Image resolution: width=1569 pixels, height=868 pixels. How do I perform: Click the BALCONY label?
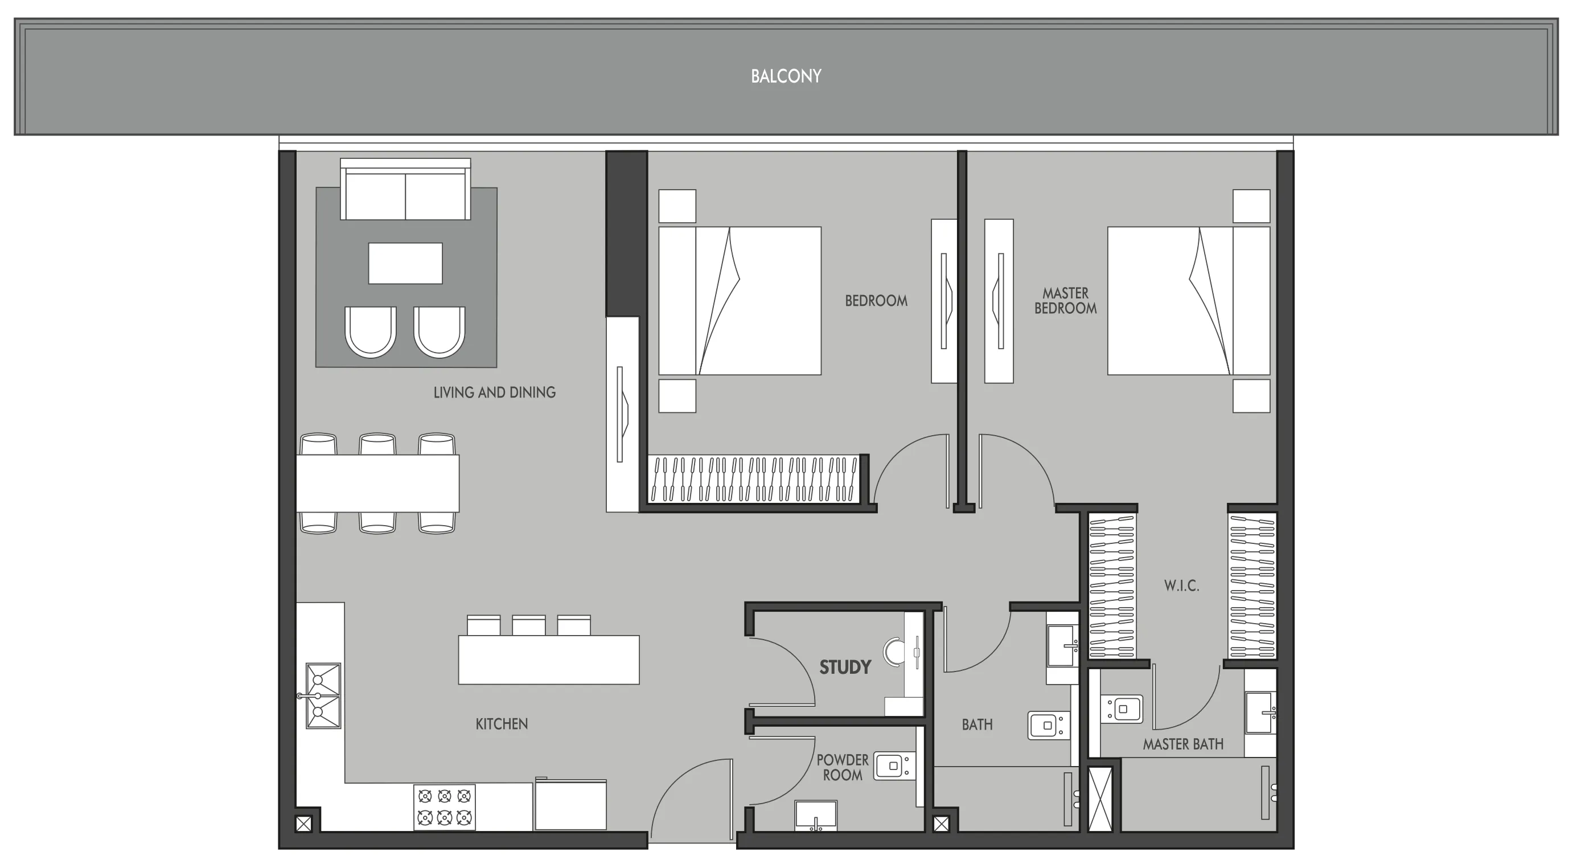(x=786, y=76)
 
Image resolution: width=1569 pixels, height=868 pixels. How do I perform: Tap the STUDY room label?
(x=845, y=668)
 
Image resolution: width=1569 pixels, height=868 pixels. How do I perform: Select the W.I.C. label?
(x=1182, y=586)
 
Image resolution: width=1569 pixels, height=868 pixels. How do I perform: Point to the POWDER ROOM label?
(x=843, y=767)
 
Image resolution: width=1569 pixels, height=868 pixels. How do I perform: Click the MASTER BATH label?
(x=1183, y=744)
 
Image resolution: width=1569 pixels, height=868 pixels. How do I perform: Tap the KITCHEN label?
(x=502, y=724)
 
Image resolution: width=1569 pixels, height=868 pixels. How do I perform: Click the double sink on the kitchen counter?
(x=323, y=695)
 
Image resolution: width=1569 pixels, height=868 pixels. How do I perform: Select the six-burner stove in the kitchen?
(x=445, y=806)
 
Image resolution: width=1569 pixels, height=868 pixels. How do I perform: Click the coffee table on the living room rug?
(x=405, y=263)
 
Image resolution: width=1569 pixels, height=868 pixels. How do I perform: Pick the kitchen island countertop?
(x=548, y=660)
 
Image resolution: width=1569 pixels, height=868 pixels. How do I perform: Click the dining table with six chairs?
(x=377, y=483)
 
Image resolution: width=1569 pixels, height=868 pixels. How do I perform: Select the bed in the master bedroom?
(x=1188, y=301)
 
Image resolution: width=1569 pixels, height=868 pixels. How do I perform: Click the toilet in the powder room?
(x=894, y=766)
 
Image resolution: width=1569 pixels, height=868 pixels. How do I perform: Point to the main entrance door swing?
(x=691, y=799)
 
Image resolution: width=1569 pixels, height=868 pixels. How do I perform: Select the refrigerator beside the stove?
(x=570, y=805)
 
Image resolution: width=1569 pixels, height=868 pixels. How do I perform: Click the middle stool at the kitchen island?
(x=528, y=625)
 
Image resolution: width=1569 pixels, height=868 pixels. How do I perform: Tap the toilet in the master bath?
(x=1122, y=709)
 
